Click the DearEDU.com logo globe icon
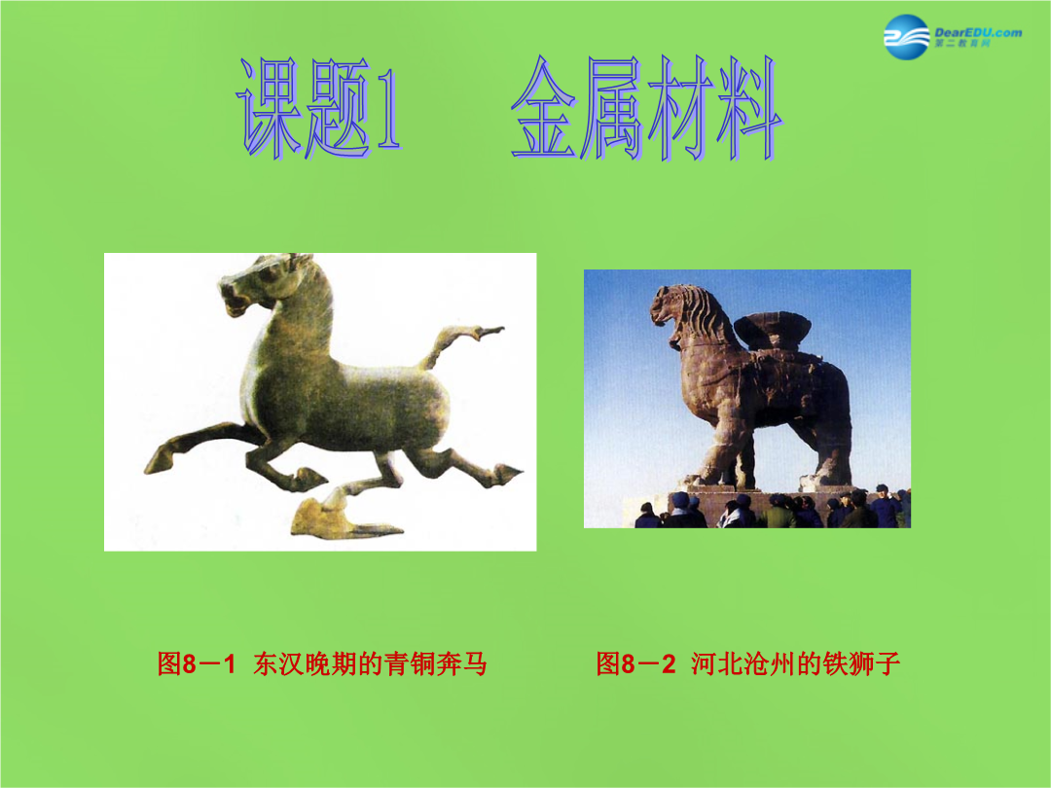(x=906, y=37)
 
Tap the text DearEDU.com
(x=978, y=32)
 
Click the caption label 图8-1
(x=197, y=663)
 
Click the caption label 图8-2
(x=635, y=663)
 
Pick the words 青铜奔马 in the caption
(x=436, y=663)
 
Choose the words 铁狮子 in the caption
(x=861, y=663)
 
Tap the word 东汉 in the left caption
(x=278, y=663)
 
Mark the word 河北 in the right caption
(x=716, y=663)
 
